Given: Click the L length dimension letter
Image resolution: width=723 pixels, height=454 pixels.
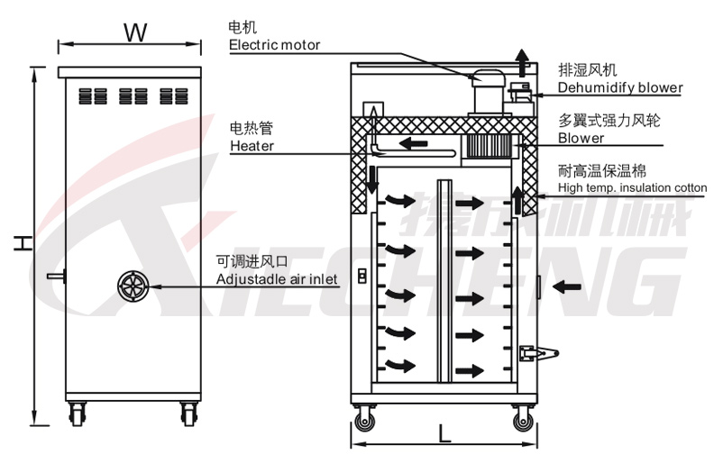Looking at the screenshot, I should click(444, 432).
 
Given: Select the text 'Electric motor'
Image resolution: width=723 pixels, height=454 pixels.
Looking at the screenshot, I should click(274, 45).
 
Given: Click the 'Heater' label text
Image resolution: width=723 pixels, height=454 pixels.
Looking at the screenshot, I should click(252, 145).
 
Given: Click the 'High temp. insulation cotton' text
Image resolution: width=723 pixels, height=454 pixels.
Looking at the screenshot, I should click(632, 187).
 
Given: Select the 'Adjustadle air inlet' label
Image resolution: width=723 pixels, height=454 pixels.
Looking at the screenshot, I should click(277, 280).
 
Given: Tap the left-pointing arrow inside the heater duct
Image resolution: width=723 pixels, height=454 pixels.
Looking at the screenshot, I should click(414, 144).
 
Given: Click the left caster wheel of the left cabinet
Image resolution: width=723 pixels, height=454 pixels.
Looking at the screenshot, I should click(76, 414).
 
